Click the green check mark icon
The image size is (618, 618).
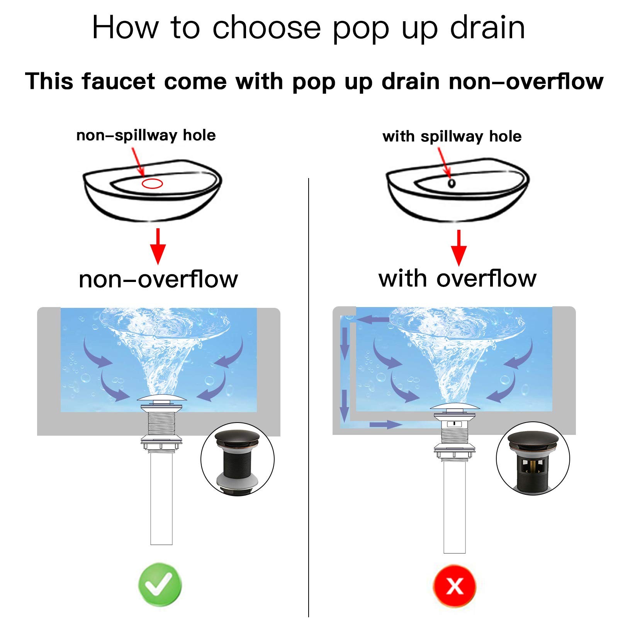(x=160, y=584)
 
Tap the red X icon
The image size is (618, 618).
(x=455, y=586)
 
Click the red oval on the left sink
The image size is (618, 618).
(x=152, y=183)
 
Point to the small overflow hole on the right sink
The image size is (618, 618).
(x=451, y=183)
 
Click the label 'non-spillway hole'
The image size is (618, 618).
(x=146, y=135)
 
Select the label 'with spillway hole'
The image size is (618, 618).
(x=452, y=136)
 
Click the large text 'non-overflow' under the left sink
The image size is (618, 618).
(x=158, y=279)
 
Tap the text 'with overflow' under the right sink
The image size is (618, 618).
(x=457, y=278)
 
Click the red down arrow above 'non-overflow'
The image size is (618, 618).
(x=158, y=246)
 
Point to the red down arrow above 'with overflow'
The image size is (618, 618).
(x=459, y=248)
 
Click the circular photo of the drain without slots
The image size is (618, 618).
(x=238, y=459)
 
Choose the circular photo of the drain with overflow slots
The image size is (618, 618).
(x=533, y=458)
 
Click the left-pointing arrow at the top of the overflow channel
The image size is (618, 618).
(x=372, y=319)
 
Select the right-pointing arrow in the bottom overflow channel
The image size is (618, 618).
(x=386, y=425)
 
